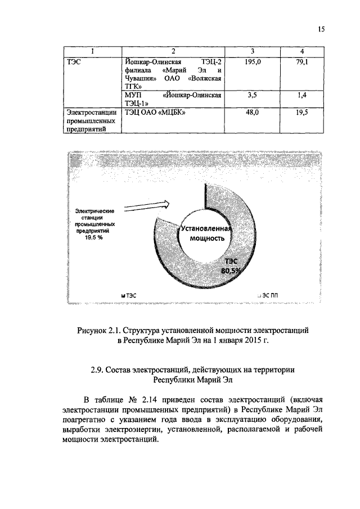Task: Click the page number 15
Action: (322, 30)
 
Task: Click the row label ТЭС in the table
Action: (74, 60)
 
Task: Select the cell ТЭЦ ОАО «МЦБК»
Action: (155, 112)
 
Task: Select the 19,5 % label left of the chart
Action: (94, 238)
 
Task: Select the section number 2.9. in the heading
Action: (99, 370)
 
